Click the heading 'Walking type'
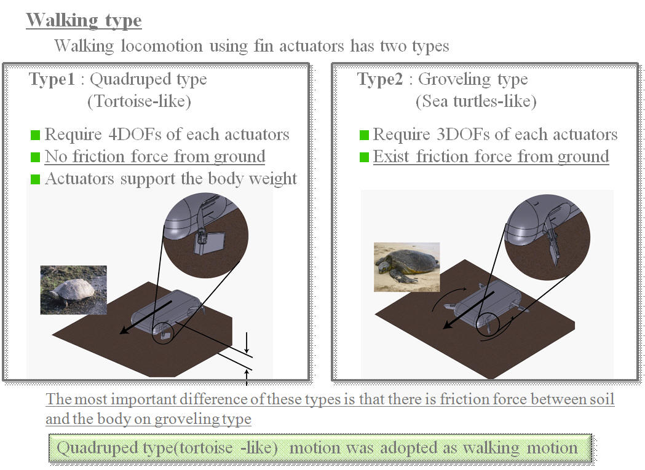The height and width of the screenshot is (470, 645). click(x=84, y=20)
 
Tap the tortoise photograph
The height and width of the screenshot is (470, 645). click(x=73, y=290)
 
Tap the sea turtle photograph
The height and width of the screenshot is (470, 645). click(x=407, y=266)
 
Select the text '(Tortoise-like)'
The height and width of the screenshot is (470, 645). click(x=139, y=101)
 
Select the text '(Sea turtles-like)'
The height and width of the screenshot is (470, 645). click(x=475, y=101)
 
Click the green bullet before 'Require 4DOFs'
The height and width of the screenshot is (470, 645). click(x=35, y=135)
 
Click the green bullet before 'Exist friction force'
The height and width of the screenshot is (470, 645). click(x=364, y=157)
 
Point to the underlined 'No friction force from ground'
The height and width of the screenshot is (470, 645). click(x=155, y=157)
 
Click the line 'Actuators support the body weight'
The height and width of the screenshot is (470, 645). click(x=171, y=179)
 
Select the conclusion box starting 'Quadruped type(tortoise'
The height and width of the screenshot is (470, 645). click(x=320, y=448)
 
